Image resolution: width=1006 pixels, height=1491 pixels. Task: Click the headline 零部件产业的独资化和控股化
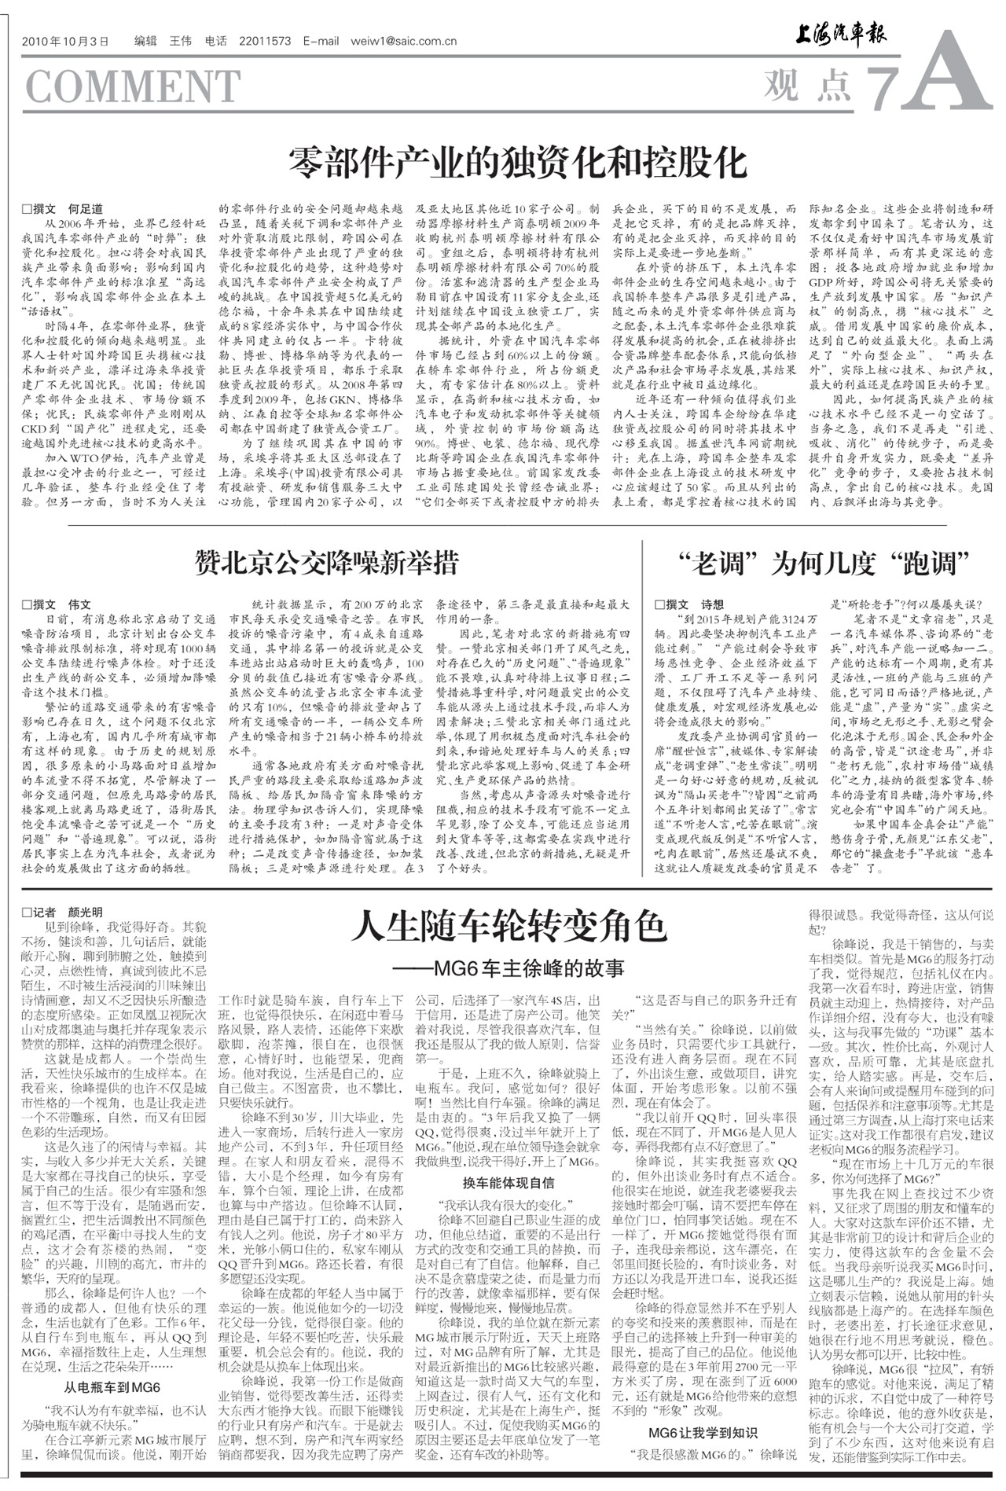(517, 163)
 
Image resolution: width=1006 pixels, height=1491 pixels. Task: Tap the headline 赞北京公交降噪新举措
(327, 563)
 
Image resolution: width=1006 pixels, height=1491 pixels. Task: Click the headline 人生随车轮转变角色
(509, 926)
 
